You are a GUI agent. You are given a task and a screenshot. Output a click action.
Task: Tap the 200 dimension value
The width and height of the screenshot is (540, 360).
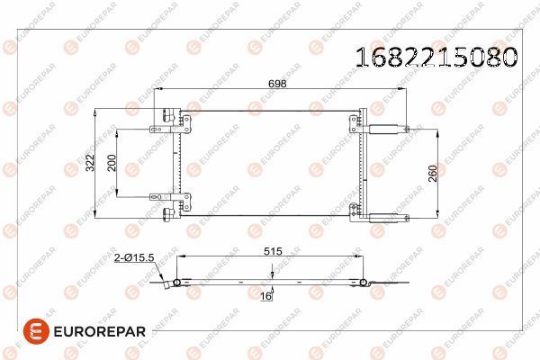click(112, 163)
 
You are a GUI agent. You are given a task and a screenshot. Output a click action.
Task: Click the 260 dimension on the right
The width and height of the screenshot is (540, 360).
click(434, 174)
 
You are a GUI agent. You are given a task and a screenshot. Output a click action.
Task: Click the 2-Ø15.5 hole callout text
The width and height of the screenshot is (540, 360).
click(135, 257)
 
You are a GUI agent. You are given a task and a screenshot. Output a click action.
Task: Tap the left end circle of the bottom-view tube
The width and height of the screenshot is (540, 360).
click(177, 283)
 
